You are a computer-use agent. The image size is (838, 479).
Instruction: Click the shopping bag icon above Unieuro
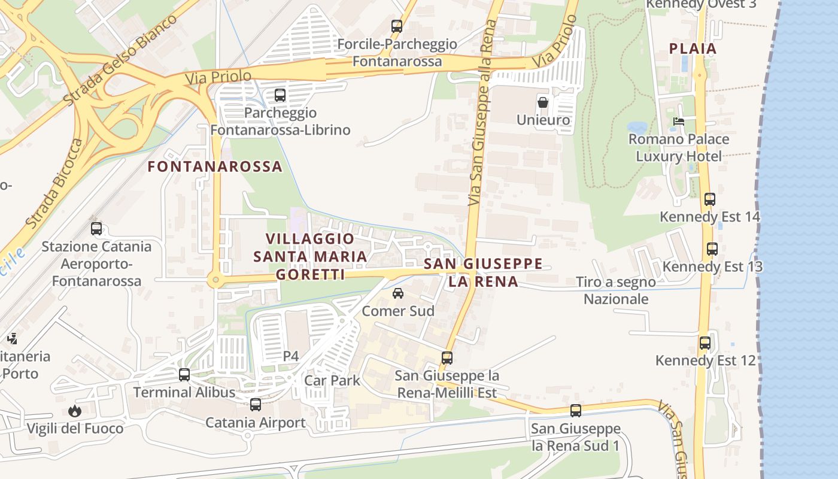542,102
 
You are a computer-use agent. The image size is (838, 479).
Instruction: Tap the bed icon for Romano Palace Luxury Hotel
678,122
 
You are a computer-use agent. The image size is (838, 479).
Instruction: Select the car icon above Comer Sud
397,293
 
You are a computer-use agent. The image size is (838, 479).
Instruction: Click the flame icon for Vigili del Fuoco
75,411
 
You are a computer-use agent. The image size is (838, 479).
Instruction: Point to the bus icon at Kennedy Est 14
709,199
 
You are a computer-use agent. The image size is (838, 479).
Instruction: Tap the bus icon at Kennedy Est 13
712,249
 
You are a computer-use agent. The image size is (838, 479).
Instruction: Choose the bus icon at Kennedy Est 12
705,343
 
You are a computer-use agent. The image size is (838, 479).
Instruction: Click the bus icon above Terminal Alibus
184,375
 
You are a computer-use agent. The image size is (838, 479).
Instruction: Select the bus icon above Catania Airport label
256,405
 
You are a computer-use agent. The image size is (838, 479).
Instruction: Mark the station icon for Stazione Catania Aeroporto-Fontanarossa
96,229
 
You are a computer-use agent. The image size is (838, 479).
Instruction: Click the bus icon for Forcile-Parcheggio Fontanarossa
396,26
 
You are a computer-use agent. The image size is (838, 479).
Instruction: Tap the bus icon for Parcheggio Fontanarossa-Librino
280,95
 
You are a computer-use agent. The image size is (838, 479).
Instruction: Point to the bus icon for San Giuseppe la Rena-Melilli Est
447,358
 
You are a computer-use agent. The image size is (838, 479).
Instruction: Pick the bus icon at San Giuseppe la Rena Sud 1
575,411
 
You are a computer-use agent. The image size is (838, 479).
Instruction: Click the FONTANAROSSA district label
215,166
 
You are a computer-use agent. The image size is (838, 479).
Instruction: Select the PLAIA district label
693,48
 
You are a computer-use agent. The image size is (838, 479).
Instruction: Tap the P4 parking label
290,356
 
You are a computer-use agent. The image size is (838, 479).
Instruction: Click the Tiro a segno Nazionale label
615,290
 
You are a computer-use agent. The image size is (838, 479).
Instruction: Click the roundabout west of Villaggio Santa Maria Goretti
215,280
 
